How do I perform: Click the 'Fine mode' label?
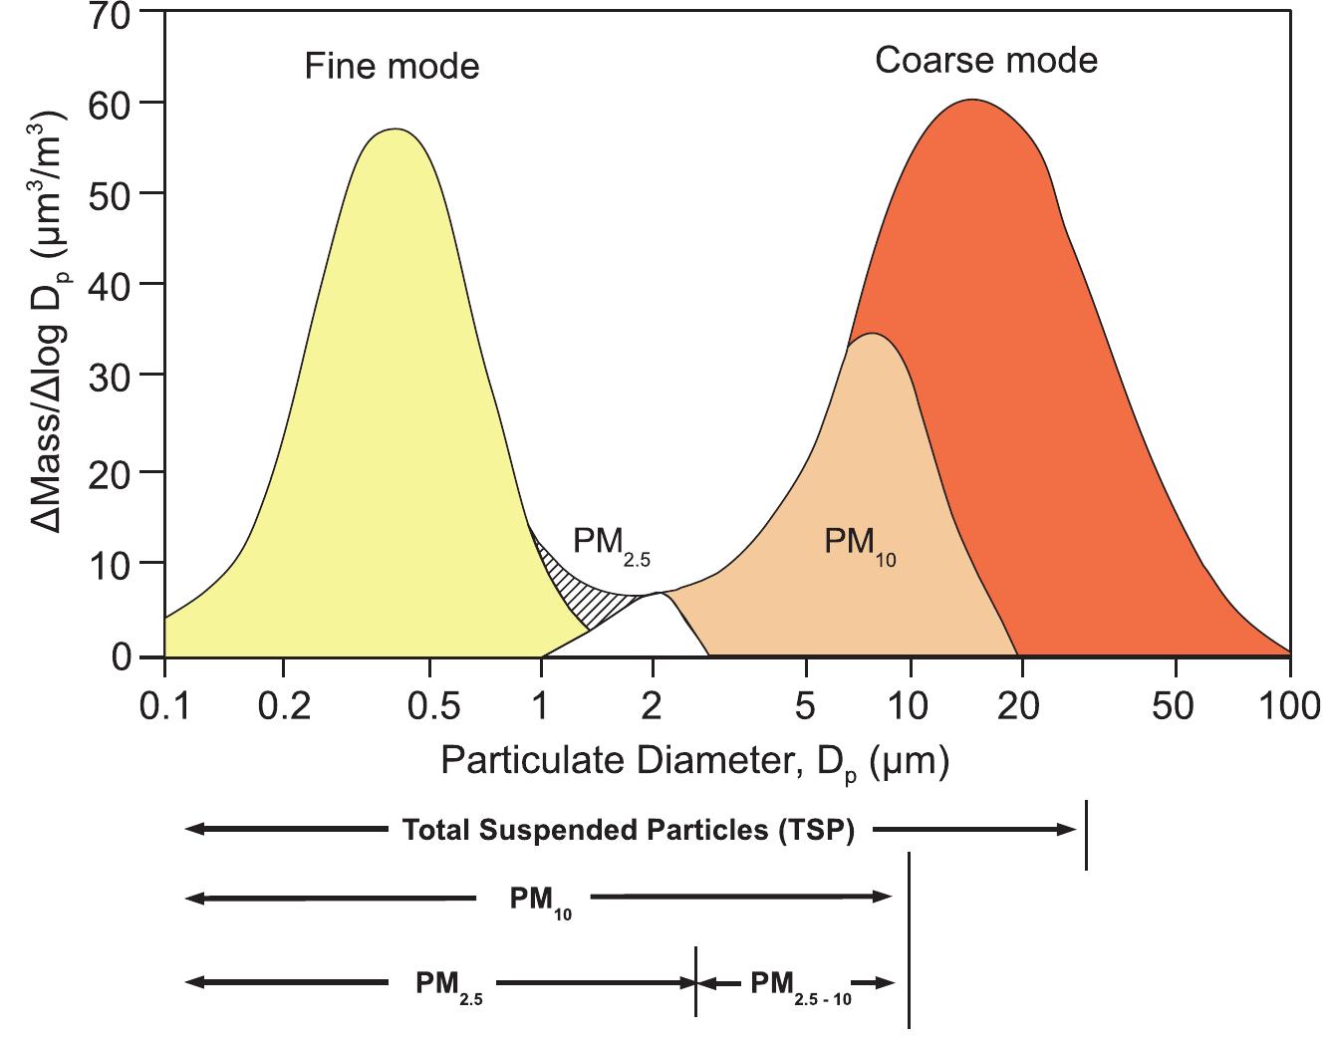pyautogui.click(x=392, y=67)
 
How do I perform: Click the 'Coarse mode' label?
pyautogui.click(x=985, y=61)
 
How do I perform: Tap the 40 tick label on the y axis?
pyautogui.click(x=111, y=284)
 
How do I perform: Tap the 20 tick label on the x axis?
pyautogui.click(x=1017, y=705)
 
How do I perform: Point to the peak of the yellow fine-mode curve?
pyautogui.click(x=396, y=130)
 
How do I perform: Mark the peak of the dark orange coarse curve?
pyautogui.click(x=972, y=100)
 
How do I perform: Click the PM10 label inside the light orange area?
pyautogui.click(x=859, y=544)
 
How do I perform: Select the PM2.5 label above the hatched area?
pyautogui.click(x=610, y=543)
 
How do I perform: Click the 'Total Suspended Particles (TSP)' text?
pyautogui.click(x=628, y=830)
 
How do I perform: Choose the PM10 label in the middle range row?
pyautogui.click(x=541, y=900)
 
